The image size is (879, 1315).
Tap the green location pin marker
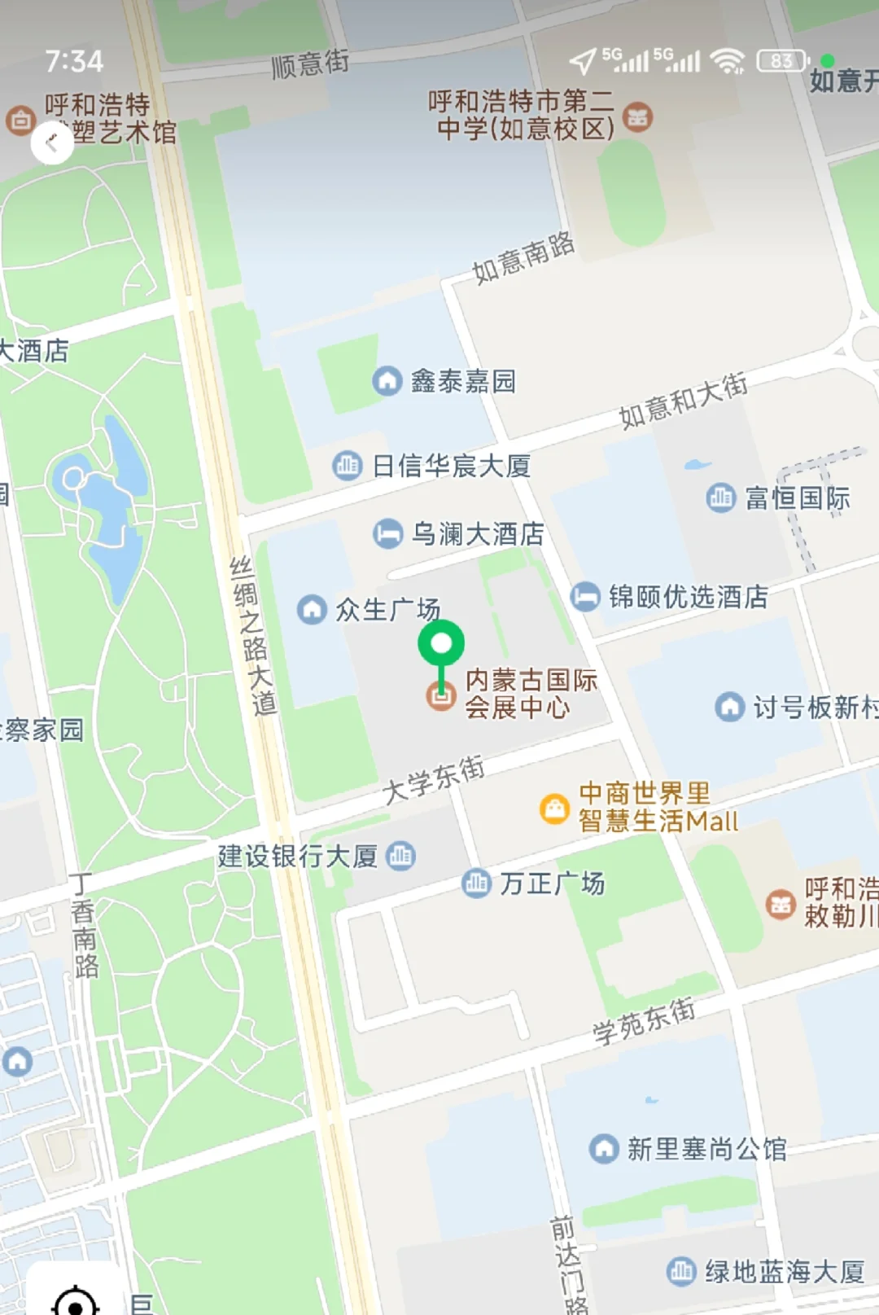441,645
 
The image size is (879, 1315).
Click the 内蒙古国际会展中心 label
531,694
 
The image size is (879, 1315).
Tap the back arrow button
52,143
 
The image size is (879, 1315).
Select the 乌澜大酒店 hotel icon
388,534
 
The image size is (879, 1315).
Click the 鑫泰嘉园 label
462,381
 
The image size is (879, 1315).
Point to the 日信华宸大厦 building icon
348,466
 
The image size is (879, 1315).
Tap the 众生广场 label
387,609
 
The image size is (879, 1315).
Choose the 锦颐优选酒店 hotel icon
584,597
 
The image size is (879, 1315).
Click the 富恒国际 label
797,498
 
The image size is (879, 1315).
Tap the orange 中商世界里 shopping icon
554,809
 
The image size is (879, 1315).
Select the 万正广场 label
552,883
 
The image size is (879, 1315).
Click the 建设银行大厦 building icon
400,856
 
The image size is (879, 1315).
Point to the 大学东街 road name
434,780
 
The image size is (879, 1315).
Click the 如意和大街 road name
683,401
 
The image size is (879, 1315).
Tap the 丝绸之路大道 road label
252,636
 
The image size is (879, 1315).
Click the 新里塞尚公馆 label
706,1149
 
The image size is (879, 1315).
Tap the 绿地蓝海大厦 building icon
681,1270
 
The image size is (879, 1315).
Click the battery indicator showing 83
782,61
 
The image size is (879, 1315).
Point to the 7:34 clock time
74,61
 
